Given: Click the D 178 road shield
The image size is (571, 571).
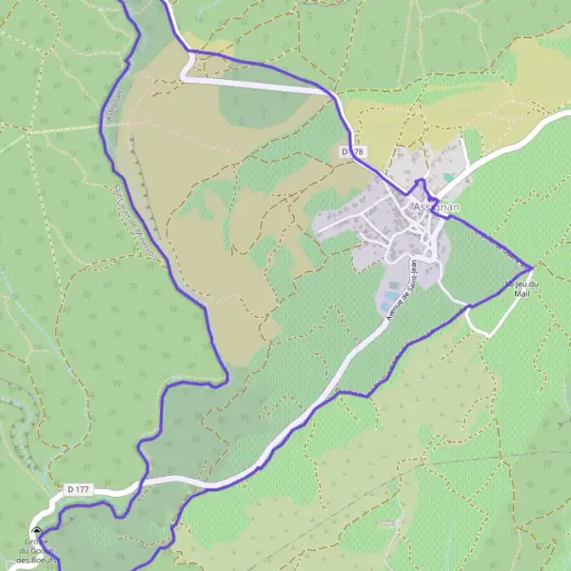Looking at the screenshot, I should pos(352,152).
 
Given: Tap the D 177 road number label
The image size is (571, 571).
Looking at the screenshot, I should pos(78,489).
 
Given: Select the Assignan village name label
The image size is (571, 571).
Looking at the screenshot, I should pos(437,207).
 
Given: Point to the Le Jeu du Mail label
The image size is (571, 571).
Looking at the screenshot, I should pos(520,289).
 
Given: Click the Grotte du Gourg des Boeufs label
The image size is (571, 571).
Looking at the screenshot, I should pos(36,551).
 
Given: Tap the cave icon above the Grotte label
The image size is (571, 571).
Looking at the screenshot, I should pos(37,532).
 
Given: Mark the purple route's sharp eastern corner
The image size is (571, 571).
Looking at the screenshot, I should pos(532,268).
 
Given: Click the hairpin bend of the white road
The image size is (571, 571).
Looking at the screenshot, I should pos(187,70).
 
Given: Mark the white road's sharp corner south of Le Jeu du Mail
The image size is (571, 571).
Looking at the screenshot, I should pos(489,335).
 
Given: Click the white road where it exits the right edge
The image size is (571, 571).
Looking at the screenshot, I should pos(567,115).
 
